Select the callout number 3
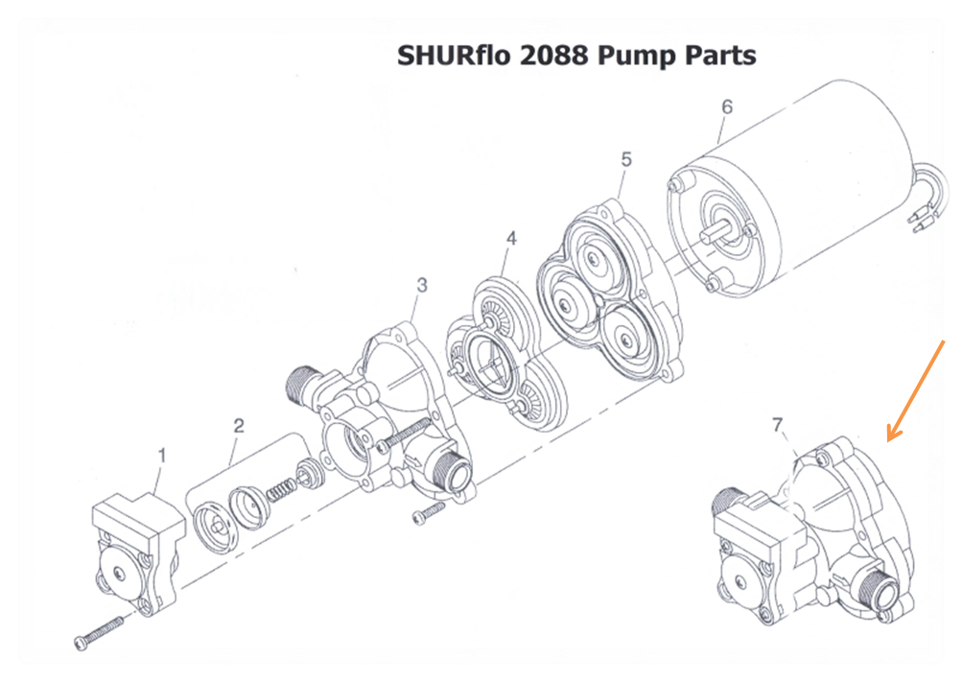coord(421,284)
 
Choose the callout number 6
coord(726,106)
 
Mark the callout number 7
coord(778,424)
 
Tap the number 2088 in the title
coord(554,56)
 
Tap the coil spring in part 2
coord(279,489)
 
